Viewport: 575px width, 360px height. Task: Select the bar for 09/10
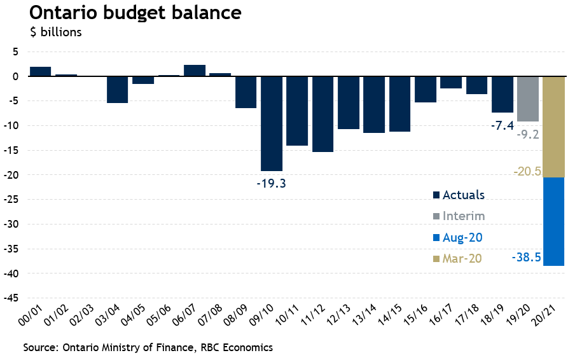point(272,123)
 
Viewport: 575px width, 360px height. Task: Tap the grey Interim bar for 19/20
point(528,99)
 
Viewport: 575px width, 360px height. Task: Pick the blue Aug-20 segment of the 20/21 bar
point(553,221)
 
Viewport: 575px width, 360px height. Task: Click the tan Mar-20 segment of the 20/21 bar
point(553,127)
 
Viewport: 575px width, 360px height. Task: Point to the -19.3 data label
point(272,184)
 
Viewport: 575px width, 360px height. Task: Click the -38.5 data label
point(525,258)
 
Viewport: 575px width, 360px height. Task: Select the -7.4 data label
point(502,126)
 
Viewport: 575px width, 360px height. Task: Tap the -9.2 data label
point(528,134)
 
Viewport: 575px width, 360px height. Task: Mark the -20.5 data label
point(527,172)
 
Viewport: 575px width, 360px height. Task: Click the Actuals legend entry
point(458,195)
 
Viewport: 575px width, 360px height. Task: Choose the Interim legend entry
point(458,216)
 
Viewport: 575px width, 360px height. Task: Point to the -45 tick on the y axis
point(13,298)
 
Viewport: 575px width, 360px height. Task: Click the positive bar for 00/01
point(41,71)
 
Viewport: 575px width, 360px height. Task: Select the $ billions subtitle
point(56,32)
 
